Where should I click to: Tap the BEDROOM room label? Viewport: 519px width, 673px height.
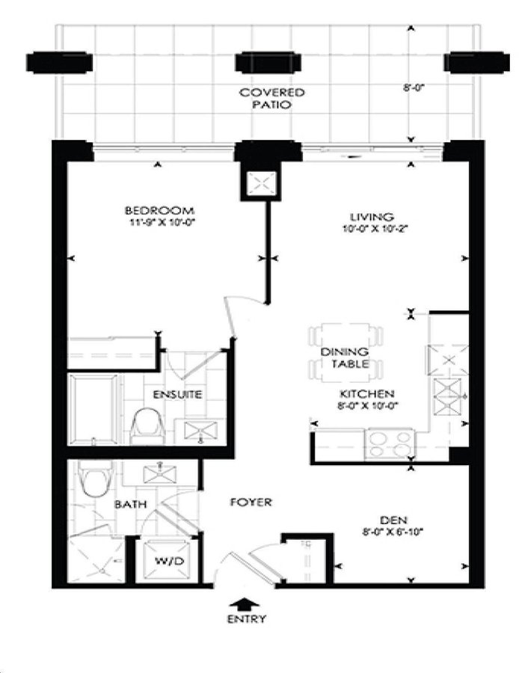pos(159,211)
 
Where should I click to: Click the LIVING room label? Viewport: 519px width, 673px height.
pos(372,217)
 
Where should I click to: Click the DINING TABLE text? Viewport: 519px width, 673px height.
pos(345,358)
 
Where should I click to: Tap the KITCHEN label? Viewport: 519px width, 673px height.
pos(367,393)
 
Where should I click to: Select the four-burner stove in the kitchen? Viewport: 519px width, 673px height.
pos(390,444)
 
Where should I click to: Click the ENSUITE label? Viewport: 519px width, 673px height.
pos(177,394)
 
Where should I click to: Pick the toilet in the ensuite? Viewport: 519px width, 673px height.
pos(147,425)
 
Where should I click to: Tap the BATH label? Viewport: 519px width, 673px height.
pos(131,504)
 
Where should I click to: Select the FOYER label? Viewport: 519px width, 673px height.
pos(251,502)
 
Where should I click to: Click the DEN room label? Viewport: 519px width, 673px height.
pos(393,520)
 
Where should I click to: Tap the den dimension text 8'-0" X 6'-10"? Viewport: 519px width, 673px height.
pos(393,532)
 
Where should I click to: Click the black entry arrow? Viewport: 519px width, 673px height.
pos(245,604)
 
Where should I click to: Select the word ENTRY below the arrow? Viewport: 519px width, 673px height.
pos(246,619)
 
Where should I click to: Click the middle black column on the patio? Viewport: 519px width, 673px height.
pos(268,62)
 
